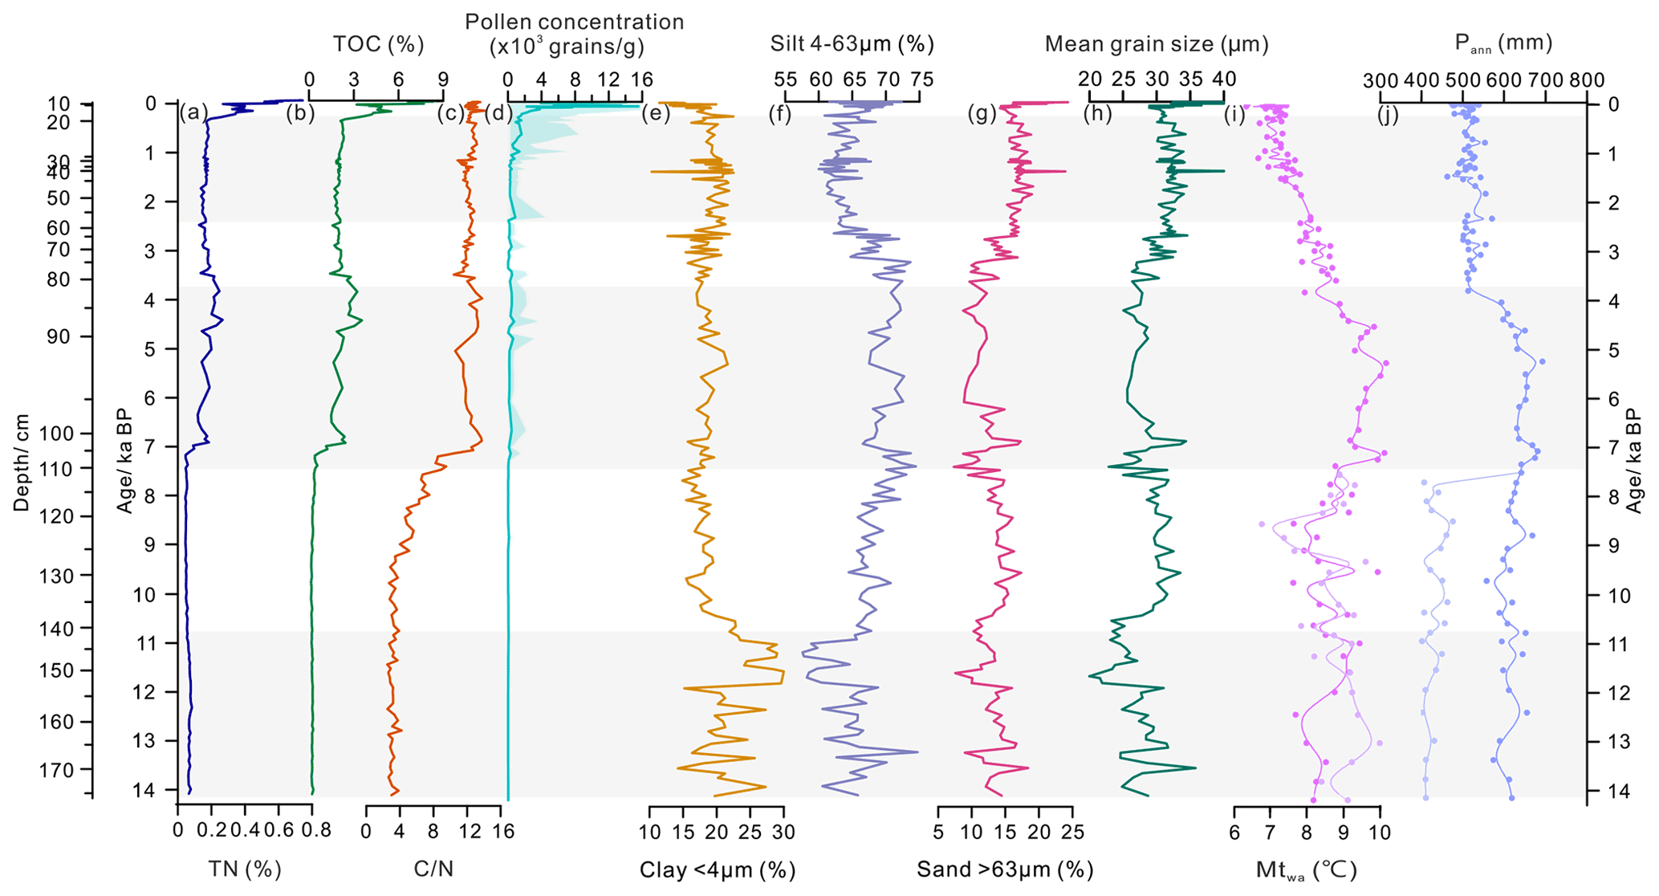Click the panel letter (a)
coord(193,113)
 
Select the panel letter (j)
coord(1388,114)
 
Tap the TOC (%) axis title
coord(378,44)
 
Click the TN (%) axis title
coord(245,869)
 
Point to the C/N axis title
coord(433,869)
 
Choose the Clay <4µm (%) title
coord(717,870)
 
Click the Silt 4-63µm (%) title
coord(852,43)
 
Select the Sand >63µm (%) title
coord(1005,870)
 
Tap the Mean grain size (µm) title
coord(1156,44)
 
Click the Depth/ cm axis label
coord(22,463)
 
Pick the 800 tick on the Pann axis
coord(1587,80)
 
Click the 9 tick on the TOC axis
coord(443,79)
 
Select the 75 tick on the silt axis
coord(921,79)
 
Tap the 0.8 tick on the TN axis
coord(313,832)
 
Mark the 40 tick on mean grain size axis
coord(1223,79)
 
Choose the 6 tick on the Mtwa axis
coord(1234,832)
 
